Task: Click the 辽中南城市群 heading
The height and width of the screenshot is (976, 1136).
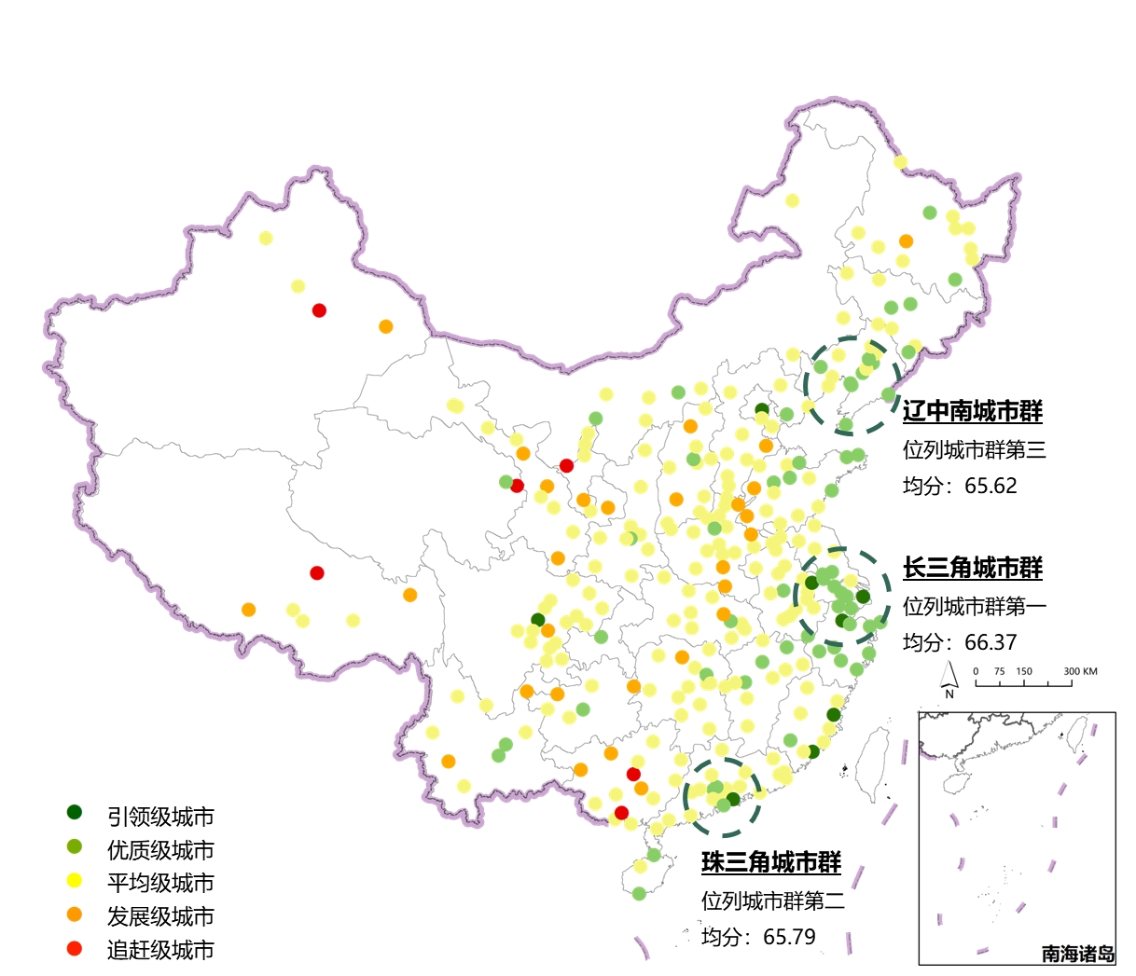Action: coord(972,411)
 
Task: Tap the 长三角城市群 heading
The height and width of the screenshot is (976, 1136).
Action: coord(972,568)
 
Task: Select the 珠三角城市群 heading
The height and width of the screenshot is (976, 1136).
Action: coord(770,862)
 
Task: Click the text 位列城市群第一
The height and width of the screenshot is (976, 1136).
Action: coord(974,606)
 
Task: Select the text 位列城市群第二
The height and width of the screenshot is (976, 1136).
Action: coord(773,900)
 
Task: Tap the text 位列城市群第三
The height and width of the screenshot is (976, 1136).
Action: coord(974,450)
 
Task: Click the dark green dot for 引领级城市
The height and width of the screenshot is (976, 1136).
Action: coord(75,813)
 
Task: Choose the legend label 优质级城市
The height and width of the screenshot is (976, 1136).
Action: coord(160,850)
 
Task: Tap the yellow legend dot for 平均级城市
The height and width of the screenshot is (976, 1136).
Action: coord(75,881)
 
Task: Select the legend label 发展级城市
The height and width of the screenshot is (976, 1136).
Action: coord(160,916)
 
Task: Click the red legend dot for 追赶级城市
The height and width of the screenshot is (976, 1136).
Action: coord(75,949)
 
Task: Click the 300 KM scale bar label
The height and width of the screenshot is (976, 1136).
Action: coord(1080,671)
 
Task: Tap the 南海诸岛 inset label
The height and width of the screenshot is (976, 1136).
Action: coord(1077,954)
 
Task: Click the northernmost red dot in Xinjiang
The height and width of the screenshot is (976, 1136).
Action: coord(319,310)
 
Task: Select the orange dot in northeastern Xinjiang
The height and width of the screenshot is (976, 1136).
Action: coord(386,326)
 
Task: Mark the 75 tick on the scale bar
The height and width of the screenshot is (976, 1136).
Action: coord(1000,671)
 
